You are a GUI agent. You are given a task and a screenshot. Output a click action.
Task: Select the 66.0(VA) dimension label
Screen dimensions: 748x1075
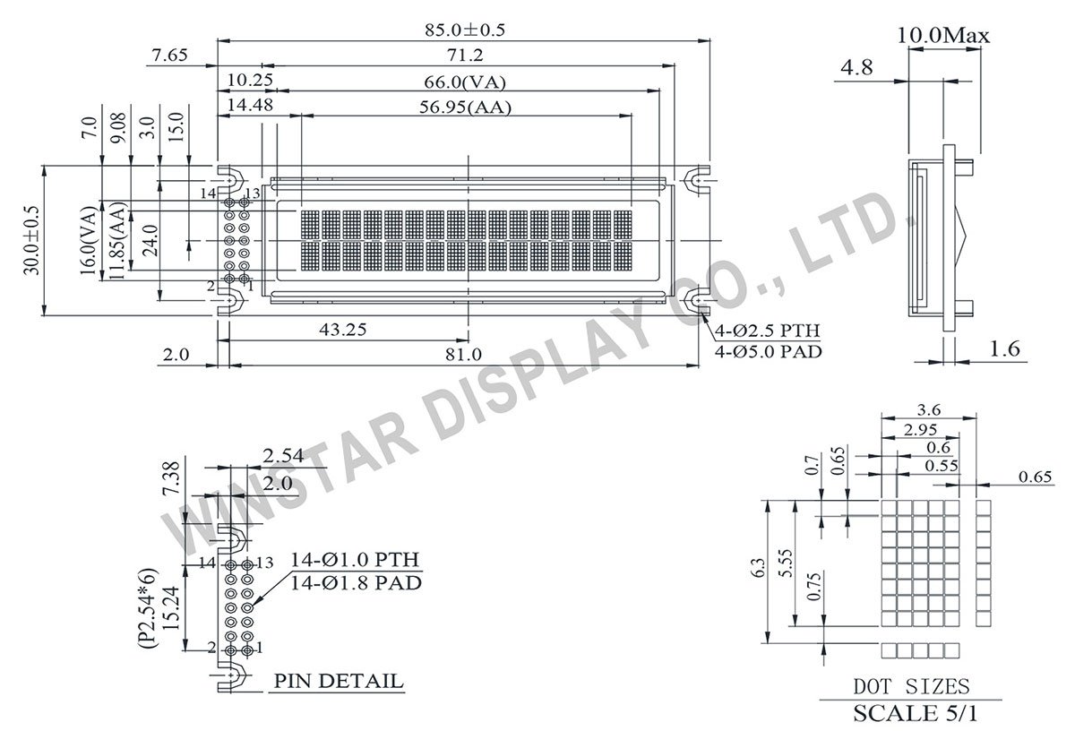point(466,82)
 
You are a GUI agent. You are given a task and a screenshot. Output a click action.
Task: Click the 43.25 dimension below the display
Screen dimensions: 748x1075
point(342,330)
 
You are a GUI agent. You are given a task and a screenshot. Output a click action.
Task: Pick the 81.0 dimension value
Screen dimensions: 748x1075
point(463,355)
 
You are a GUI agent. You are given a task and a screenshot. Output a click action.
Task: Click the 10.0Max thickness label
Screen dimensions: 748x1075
point(942,36)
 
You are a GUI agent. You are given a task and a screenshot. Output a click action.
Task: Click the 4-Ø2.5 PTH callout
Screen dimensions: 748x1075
point(768,331)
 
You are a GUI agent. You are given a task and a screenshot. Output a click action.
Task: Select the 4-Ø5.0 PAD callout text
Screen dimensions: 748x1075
point(768,351)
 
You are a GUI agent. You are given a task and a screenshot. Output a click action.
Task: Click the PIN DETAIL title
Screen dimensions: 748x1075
point(338,682)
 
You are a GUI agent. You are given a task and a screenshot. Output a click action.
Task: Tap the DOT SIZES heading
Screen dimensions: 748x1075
point(910,687)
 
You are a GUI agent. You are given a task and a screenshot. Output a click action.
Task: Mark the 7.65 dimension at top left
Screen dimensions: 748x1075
point(169,56)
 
